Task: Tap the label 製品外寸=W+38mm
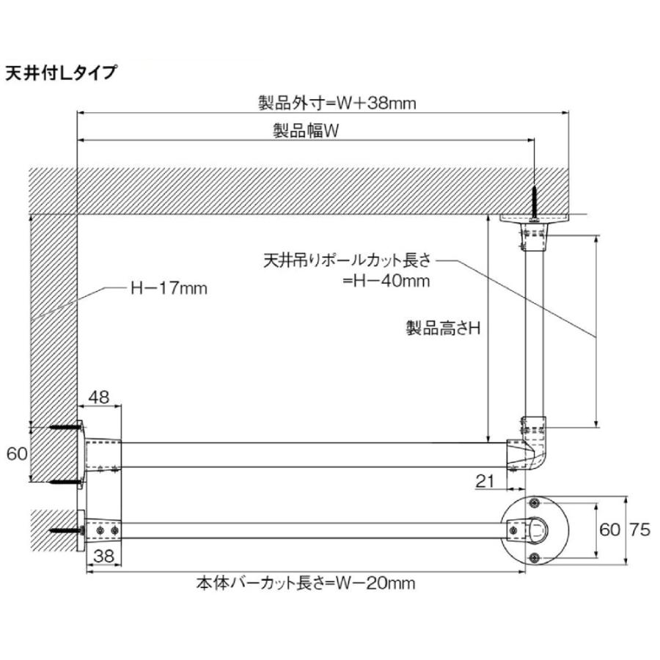click(337, 103)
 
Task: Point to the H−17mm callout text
click(169, 288)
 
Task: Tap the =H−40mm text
click(386, 281)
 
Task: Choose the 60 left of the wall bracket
click(16, 454)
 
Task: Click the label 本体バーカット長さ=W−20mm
click(306, 584)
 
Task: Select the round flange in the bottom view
click(535, 531)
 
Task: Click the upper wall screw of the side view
click(65, 427)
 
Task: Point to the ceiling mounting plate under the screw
click(537, 218)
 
